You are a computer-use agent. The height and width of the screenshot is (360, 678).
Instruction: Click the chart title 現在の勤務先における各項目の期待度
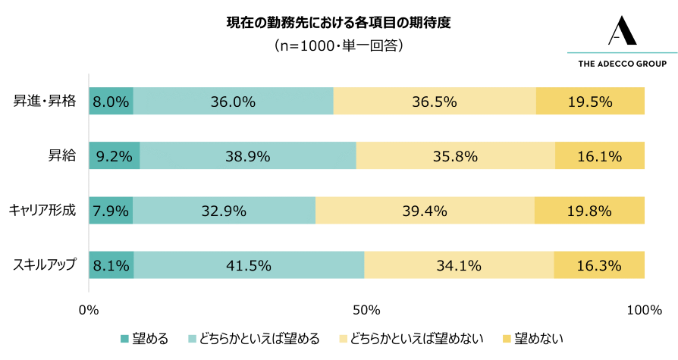(x=338, y=22)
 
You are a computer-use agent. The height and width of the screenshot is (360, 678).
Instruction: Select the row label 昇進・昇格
(x=45, y=102)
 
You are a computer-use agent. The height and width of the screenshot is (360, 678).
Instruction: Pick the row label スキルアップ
(x=44, y=265)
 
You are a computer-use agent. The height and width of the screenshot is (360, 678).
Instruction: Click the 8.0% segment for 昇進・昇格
(x=111, y=102)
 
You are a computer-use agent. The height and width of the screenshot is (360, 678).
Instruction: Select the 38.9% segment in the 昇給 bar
(x=247, y=156)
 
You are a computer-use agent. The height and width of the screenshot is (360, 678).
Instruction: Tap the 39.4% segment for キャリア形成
(x=425, y=211)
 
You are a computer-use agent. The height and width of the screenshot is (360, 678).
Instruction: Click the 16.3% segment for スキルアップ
(x=599, y=265)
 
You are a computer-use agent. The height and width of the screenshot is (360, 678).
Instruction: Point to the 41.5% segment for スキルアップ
(x=249, y=265)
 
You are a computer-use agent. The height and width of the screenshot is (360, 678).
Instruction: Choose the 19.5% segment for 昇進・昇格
(x=590, y=102)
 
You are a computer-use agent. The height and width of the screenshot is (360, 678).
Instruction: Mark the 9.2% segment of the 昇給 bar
(x=115, y=156)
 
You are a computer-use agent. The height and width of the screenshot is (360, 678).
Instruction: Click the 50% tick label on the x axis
(x=366, y=310)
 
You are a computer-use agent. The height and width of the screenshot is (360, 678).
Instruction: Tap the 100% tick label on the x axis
(x=644, y=310)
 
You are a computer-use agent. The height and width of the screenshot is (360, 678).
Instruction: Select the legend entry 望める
(x=144, y=338)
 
